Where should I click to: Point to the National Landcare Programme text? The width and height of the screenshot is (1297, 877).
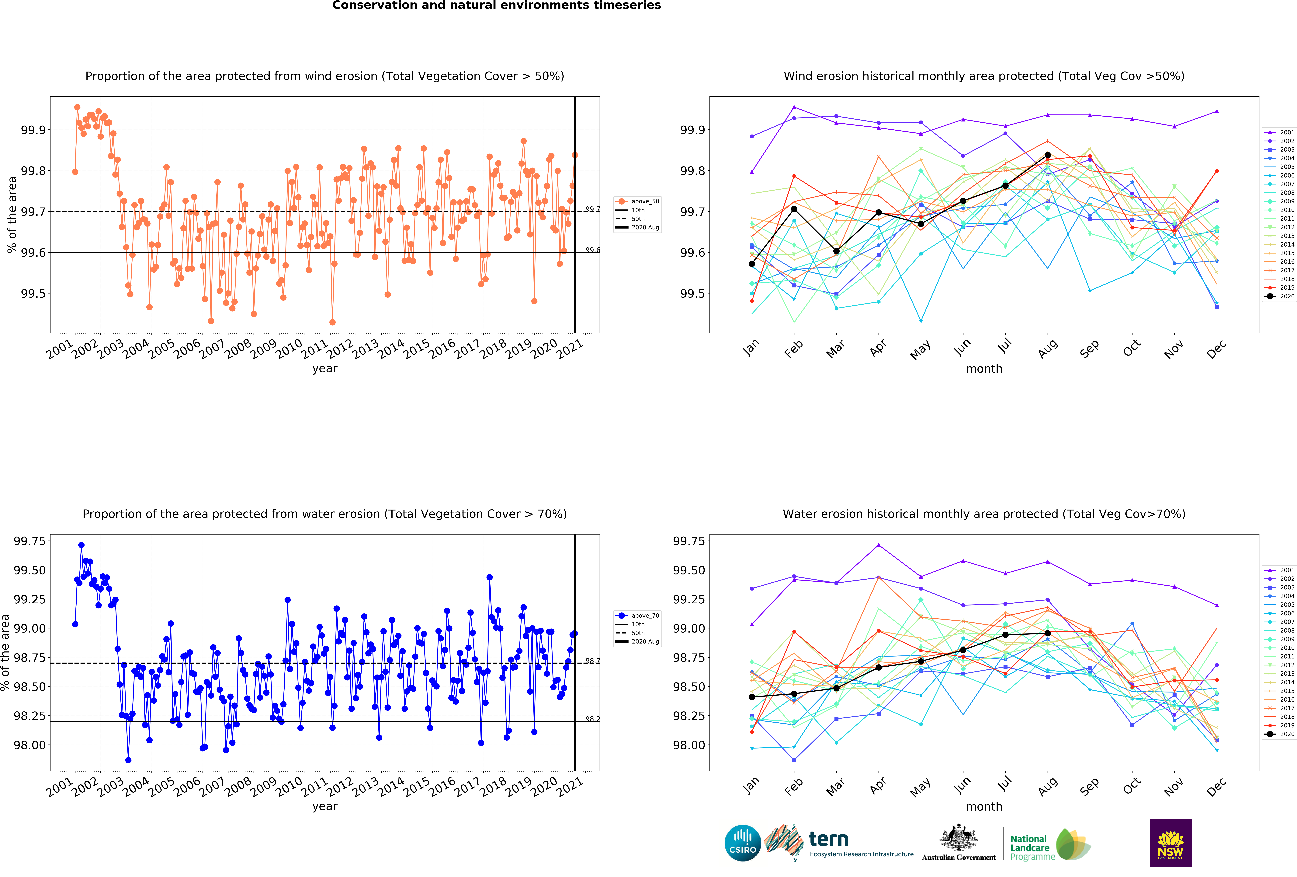click(x=1030, y=847)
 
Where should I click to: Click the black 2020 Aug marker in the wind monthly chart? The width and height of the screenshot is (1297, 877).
click(x=1048, y=155)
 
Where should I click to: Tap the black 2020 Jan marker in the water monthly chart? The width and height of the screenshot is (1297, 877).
click(x=752, y=697)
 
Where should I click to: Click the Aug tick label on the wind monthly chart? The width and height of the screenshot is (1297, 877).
click(x=1048, y=348)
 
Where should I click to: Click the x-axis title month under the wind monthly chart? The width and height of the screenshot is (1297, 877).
click(x=984, y=369)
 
